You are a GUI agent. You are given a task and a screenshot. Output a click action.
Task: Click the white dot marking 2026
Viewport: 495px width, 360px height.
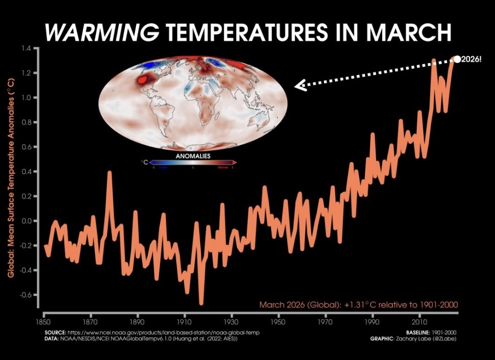click(x=457, y=59)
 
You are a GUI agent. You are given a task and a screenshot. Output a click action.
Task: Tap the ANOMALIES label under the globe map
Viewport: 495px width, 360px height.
click(x=193, y=156)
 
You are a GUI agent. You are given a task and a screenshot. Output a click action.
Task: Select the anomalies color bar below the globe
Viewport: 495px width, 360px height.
click(x=193, y=162)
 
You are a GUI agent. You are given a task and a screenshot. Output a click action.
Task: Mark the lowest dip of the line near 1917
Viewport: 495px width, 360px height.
click(x=202, y=302)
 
